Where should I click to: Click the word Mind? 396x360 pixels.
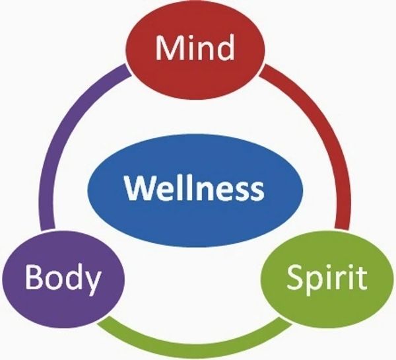tap(195, 48)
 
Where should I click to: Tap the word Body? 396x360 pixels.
tap(63, 278)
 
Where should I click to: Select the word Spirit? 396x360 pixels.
tap(327, 279)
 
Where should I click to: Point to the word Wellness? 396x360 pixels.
tap(194, 188)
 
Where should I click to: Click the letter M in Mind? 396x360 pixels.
tap(168, 48)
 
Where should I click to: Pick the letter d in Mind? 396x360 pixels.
tap(225, 48)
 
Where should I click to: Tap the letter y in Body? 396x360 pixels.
tap(92, 283)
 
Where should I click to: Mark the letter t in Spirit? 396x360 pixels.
tap(362, 278)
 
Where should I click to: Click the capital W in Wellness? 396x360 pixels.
tap(141, 188)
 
